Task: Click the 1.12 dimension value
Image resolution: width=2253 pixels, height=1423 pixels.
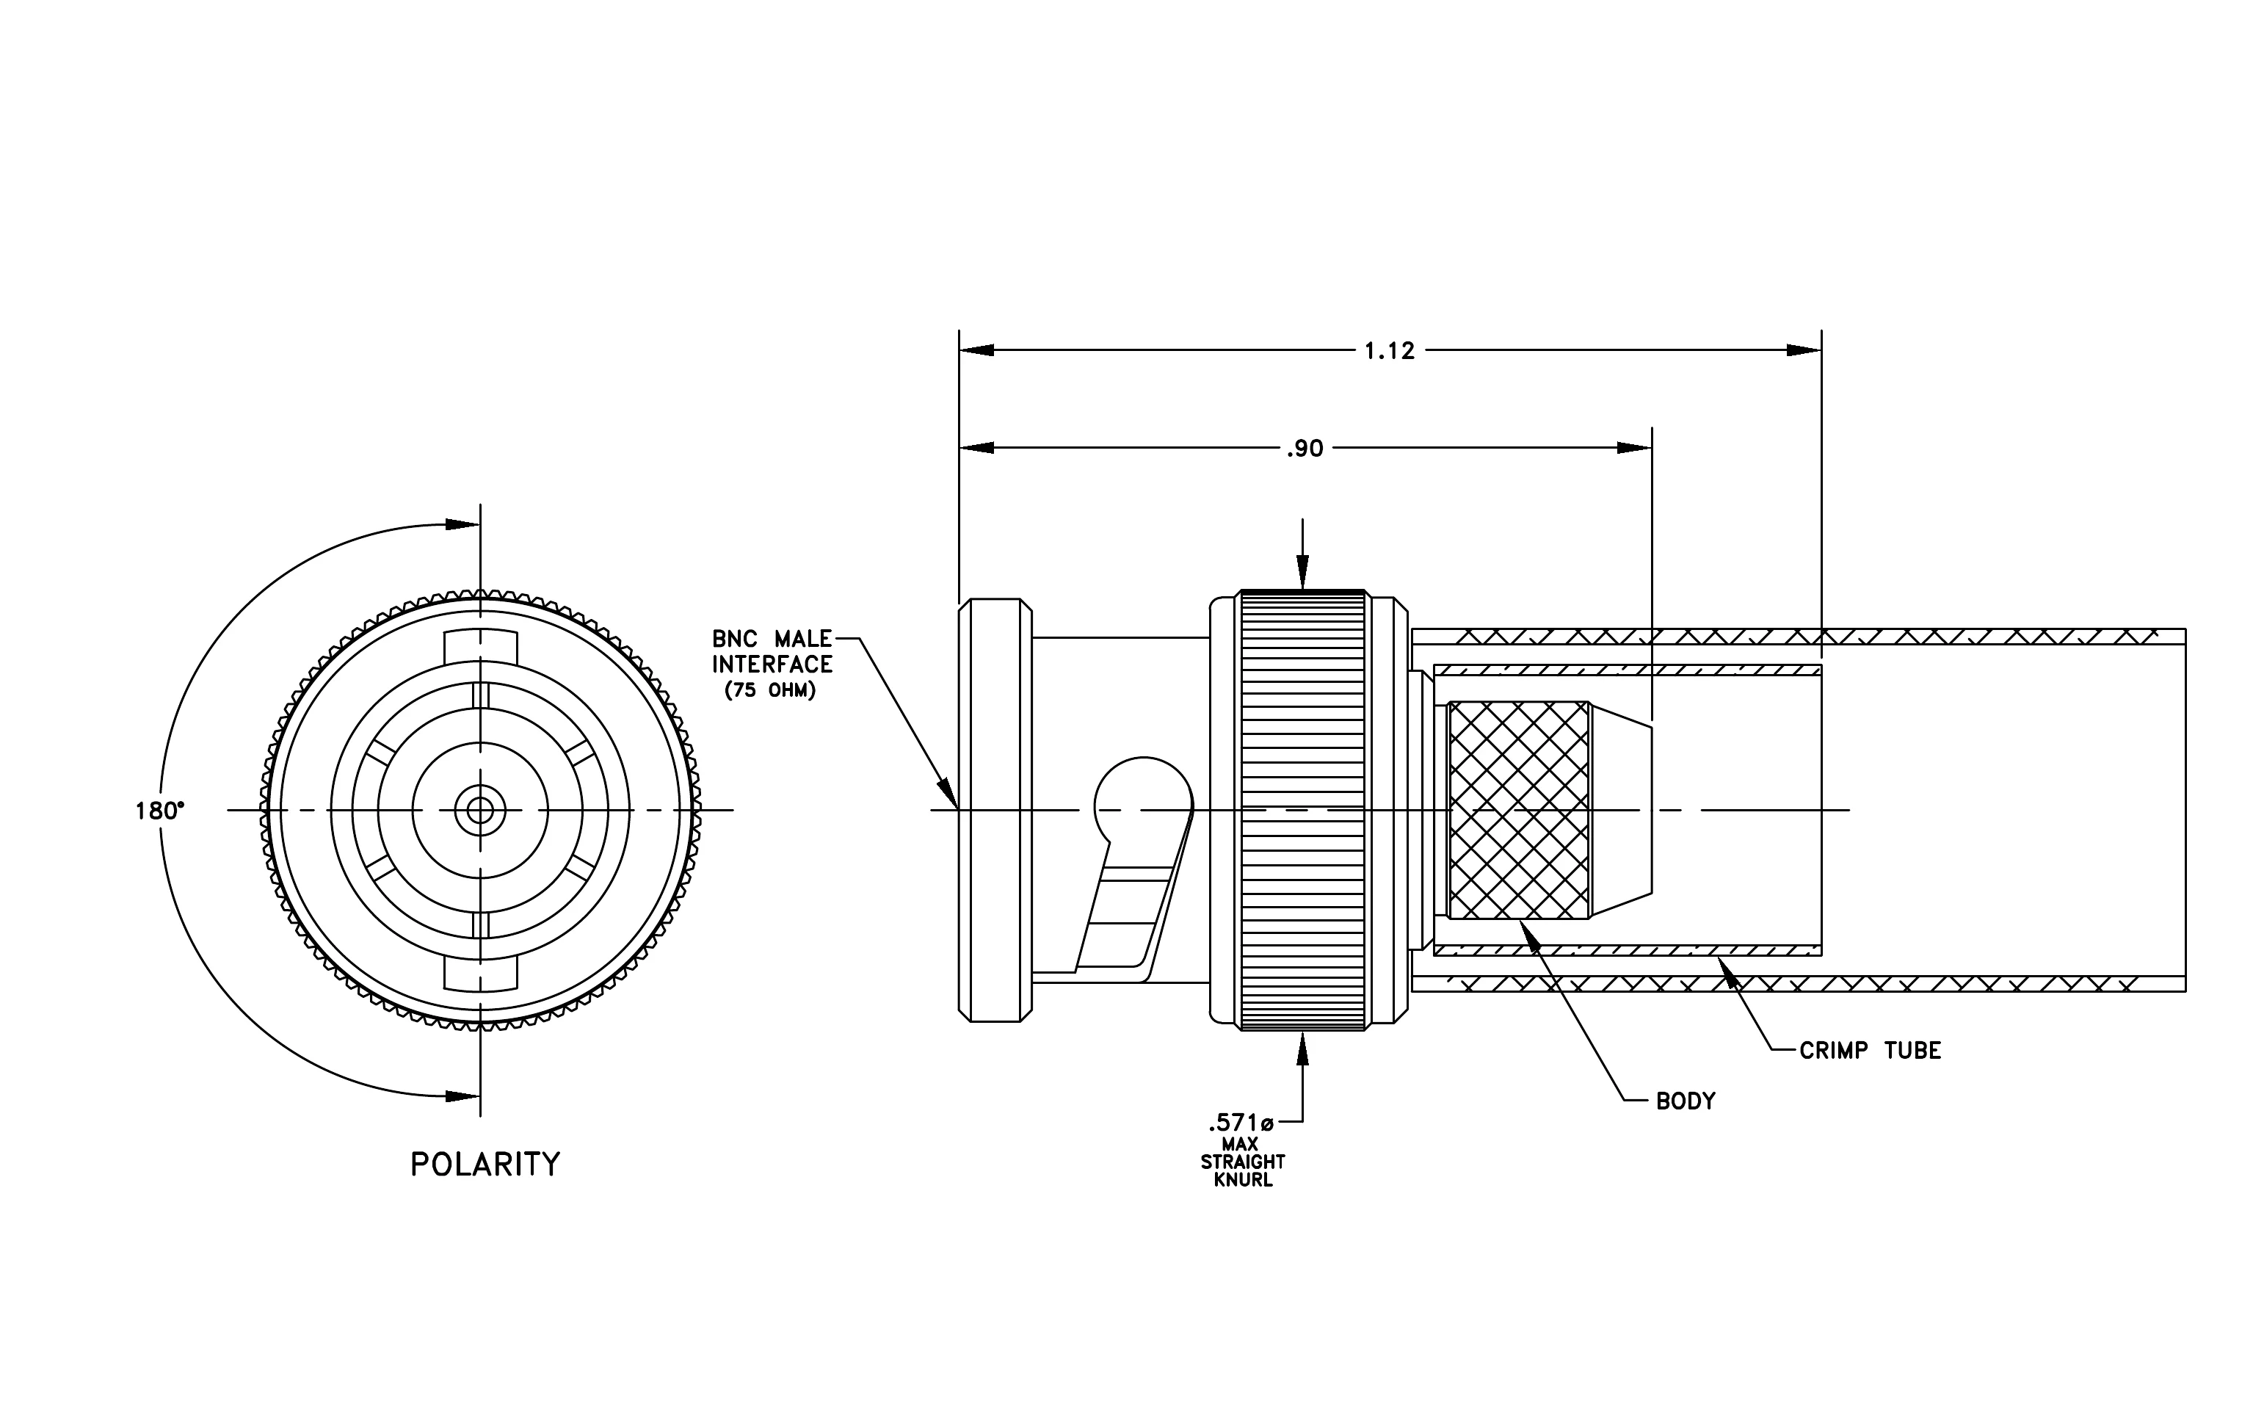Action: coord(1390,351)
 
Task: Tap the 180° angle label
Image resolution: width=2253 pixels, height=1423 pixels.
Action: coord(160,810)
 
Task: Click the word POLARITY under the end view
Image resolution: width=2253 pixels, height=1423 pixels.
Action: coord(485,1164)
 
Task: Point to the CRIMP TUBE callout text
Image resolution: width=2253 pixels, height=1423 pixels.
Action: coord(1871,1051)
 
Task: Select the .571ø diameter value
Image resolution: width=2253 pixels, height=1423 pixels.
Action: coord(1241,1122)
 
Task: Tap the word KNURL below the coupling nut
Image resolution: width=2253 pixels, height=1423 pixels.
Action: coord(1244,1180)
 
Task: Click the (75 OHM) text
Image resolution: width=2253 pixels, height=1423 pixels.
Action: coord(771,690)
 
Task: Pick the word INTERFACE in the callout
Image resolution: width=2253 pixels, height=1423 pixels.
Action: coord(772,665)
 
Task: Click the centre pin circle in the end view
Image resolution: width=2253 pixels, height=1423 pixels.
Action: coord(480,810)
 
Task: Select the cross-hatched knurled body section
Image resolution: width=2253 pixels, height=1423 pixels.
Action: coord(1517,809)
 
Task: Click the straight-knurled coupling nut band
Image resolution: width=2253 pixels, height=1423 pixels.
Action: coord(1303,810)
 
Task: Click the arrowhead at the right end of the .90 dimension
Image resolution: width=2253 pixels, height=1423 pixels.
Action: coord(1635,448)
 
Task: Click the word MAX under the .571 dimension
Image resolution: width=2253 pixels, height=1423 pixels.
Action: coord(1240,1144)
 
